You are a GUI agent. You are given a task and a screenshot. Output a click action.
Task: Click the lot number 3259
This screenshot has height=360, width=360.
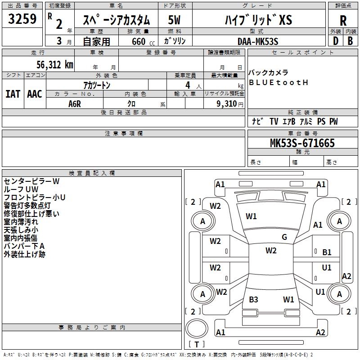tap(22, 19)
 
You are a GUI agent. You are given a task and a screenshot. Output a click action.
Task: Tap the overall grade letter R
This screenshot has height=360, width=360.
tap(343, 21)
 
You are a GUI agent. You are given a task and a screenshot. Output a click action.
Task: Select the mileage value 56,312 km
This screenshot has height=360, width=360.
tap(55, 65)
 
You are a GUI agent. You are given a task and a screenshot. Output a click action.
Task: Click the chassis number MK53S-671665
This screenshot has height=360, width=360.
tap(302, 143)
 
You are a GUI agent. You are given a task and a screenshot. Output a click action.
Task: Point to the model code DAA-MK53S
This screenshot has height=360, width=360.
tap(258, 41)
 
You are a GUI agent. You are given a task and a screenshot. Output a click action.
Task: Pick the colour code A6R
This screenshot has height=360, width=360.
tap(75, 104)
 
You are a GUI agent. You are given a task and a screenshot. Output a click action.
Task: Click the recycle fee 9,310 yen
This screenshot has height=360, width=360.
tap(230, 104)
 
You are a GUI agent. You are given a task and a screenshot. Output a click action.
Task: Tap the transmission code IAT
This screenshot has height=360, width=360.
tap(13, 94)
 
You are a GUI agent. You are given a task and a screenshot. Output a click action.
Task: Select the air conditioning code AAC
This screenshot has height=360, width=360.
tap(35, 94)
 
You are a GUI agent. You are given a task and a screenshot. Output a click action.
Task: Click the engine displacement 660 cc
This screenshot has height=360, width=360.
tap(143, 41)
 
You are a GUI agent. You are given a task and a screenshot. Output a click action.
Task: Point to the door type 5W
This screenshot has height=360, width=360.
tap(174, 20)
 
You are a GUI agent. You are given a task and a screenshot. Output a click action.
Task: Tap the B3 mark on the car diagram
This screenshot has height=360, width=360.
tap(253, 299)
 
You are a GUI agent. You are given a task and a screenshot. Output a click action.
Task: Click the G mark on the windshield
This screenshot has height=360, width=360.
tap(284, 237)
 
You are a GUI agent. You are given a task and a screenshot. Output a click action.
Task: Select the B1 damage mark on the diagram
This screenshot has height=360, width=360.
tap(327, 252)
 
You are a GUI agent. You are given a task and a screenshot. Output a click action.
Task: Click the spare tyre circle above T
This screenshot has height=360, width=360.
tap(197, 328)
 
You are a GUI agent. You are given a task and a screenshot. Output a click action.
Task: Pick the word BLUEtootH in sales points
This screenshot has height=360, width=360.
tap(278, 82)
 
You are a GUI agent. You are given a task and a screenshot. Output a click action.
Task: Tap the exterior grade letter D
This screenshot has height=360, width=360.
tap(336, 41)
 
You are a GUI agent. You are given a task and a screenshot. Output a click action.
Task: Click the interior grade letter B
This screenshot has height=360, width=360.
tap(351, 41)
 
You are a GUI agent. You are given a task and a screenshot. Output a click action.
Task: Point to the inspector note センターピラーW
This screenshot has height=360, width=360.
tap(31, 181)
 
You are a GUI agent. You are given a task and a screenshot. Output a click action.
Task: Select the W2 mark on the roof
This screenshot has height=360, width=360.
tap(271, 251)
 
